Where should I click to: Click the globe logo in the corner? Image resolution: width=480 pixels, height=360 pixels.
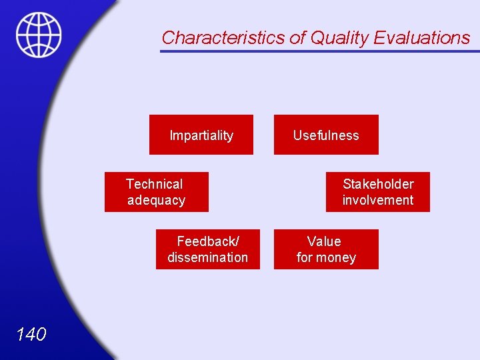39,35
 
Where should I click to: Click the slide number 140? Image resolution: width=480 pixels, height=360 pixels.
31,334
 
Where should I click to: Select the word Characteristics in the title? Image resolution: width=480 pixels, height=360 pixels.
223,38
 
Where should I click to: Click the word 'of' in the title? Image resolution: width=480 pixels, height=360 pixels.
297,38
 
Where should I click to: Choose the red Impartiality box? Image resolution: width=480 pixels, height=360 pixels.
201,135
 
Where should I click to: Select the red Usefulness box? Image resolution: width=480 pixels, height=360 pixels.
326,135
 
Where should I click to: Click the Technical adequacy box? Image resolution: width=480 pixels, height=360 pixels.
156,192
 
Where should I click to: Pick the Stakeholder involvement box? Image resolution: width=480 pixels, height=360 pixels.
378,192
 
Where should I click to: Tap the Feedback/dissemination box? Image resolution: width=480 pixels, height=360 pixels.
207,249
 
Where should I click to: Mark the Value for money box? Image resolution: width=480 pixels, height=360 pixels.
326,249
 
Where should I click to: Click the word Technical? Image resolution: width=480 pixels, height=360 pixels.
154,184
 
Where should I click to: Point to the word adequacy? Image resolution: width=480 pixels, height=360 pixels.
156,200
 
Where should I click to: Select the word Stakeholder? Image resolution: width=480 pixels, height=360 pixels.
378,184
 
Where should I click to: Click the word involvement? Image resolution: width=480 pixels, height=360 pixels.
378,200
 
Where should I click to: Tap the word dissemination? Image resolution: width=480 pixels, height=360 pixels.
207,257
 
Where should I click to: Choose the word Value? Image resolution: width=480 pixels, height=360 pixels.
324,241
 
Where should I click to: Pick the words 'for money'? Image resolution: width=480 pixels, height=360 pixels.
326,257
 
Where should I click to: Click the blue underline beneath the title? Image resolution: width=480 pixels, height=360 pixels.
320,51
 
